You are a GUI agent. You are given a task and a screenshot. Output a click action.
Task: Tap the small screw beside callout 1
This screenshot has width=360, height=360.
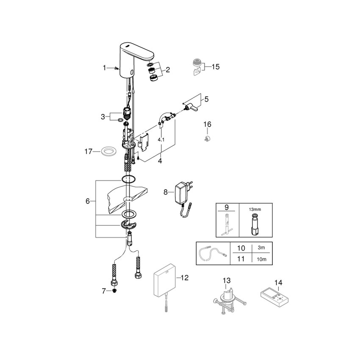(115, 68)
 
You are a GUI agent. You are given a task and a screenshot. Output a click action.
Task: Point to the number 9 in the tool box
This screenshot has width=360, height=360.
(227, 208)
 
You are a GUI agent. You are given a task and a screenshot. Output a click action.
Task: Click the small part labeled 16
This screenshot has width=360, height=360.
(207, 138)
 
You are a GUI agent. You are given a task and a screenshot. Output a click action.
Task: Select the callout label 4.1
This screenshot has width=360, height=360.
(161, 139)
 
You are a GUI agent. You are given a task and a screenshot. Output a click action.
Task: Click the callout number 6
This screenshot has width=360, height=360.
(88, 201)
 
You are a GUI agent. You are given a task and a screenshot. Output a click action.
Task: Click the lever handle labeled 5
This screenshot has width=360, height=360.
(193, 109)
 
